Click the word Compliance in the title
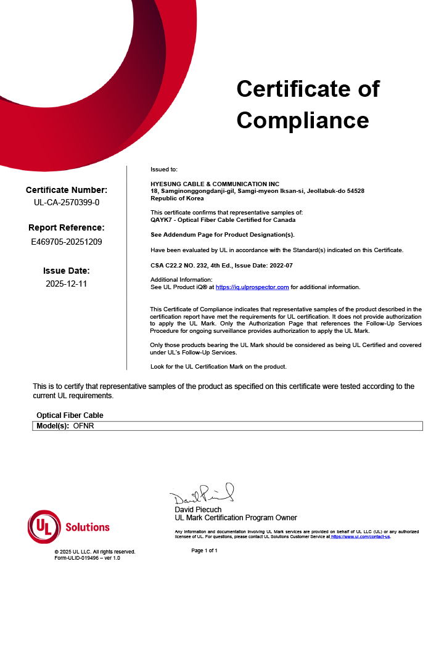[x=302, y=120]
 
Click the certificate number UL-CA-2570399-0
[x=66, y=202]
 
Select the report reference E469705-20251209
[x=66, y=242]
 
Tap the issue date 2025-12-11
[x=66, y=284]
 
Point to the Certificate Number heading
[x=66, y=190]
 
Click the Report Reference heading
[x=66, y=227]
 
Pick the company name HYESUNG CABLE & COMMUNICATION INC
[x=215, y=184]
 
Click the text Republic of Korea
[x=177, y=198]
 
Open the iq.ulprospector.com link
[x=252, y=287]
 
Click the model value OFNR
[x=84, y=426]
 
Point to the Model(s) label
[x=52, y=426]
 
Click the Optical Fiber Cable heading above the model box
[x=70, y=415]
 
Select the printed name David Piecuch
[x=198, y=510]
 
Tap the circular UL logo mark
[x=44, y=527]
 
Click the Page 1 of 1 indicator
[x=204, y=550]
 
